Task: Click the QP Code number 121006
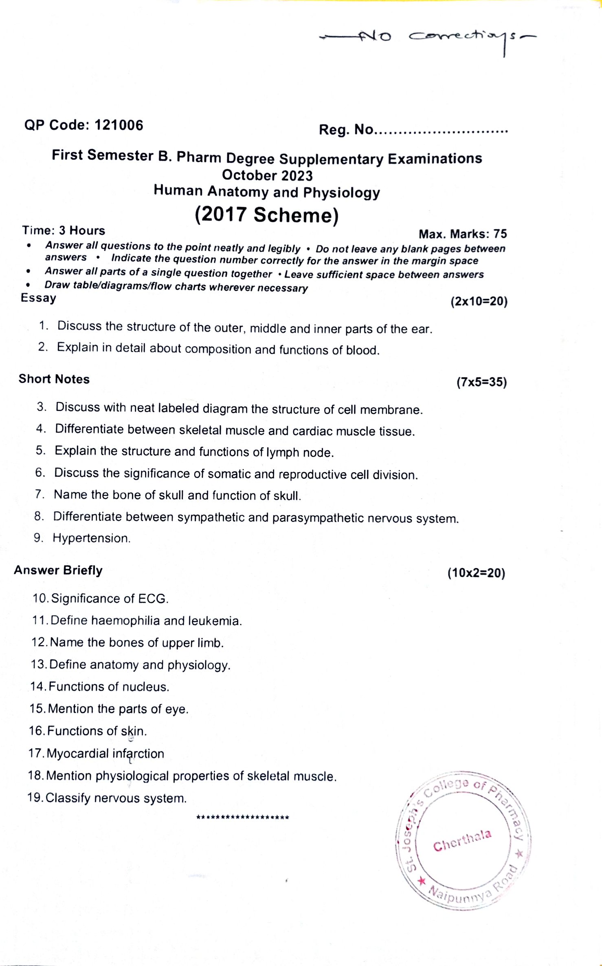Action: pos(119,125)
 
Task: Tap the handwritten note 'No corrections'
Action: pos(428,38)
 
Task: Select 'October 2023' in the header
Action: pos(267,175)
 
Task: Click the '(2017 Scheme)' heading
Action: pos(267,215)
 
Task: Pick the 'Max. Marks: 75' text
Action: pos(463,234)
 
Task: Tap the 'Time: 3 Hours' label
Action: pos(64,230)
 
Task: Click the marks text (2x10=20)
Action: pos(479,301)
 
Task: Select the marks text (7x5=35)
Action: pos(481,382)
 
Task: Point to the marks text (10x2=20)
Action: pos(476,573)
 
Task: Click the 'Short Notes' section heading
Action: pos(54,379)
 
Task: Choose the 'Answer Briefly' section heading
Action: pos(58,570)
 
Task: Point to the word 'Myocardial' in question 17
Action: pos(78,753)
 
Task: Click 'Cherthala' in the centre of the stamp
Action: pos(462,841)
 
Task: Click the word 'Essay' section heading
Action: pos(38,298)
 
